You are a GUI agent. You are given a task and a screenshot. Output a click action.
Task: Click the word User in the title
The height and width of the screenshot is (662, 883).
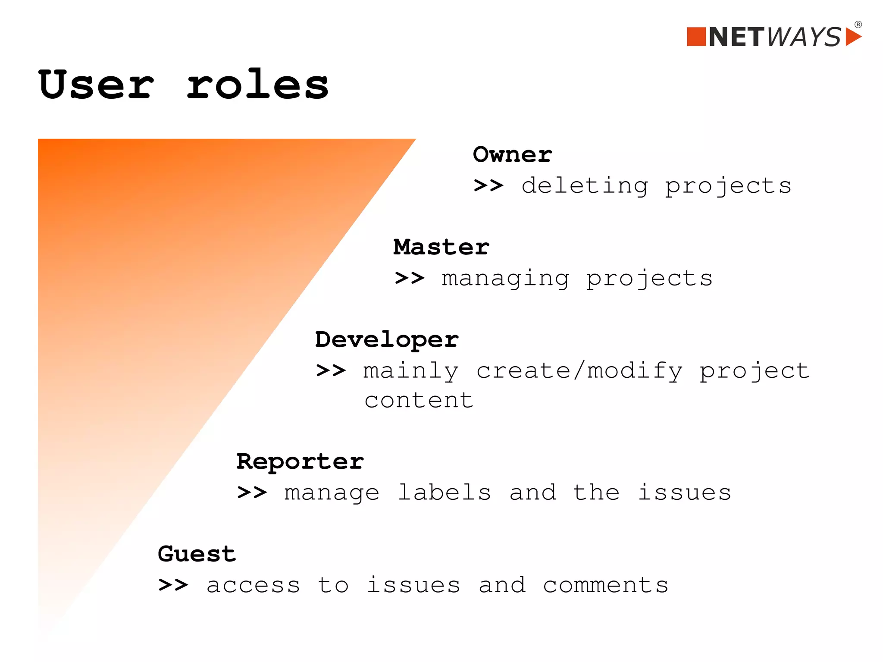click(x=96, y=85)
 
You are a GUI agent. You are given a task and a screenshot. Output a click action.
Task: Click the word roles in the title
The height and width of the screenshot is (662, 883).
click(x=257, y=85)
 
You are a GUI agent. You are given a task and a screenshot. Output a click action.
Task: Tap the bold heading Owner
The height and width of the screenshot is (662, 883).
click(x=512, y=154)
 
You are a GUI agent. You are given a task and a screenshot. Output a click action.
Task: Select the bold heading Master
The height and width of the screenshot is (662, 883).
click(x=441, y=247)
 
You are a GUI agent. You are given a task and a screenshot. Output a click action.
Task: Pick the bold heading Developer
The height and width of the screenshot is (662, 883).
click(x=387, y=340)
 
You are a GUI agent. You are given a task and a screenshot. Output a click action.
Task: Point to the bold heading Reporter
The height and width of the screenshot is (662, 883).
click(x=300, y=461)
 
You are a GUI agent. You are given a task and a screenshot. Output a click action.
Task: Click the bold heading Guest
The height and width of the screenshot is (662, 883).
click(x=197, y=554)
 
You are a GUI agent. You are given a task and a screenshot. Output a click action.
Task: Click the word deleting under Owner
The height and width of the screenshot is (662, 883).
click(x=585, y=186)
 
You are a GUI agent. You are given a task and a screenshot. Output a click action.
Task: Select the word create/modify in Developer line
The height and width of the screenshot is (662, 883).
click(x=579, y=371)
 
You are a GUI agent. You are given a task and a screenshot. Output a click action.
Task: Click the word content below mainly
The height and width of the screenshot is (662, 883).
click(x=419, y=401)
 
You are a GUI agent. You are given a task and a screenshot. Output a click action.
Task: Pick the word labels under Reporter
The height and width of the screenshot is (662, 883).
click(x=444, y=493)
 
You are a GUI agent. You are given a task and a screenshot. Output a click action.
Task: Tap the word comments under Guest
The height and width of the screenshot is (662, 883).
click(x=605, y=585)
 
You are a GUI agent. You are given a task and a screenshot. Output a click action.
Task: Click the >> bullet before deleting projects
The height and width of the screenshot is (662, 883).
click(x=488, y=186)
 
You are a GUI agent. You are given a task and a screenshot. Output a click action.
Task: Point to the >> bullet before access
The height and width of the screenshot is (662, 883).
click(x=173, y=585)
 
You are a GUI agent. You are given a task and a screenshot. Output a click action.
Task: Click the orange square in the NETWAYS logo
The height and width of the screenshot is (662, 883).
click(x=696, y=37)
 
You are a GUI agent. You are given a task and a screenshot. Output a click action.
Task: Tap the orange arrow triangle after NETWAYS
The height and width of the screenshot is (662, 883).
click(x=853, y=37)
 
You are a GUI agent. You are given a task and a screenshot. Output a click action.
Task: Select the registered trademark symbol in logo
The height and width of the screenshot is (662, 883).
click(x=858, y=25)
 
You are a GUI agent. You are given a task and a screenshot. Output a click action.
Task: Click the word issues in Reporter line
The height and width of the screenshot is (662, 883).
click(x=684, y=493)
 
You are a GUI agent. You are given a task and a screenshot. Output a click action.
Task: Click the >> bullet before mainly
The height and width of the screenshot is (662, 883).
click(x=331, y=370)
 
